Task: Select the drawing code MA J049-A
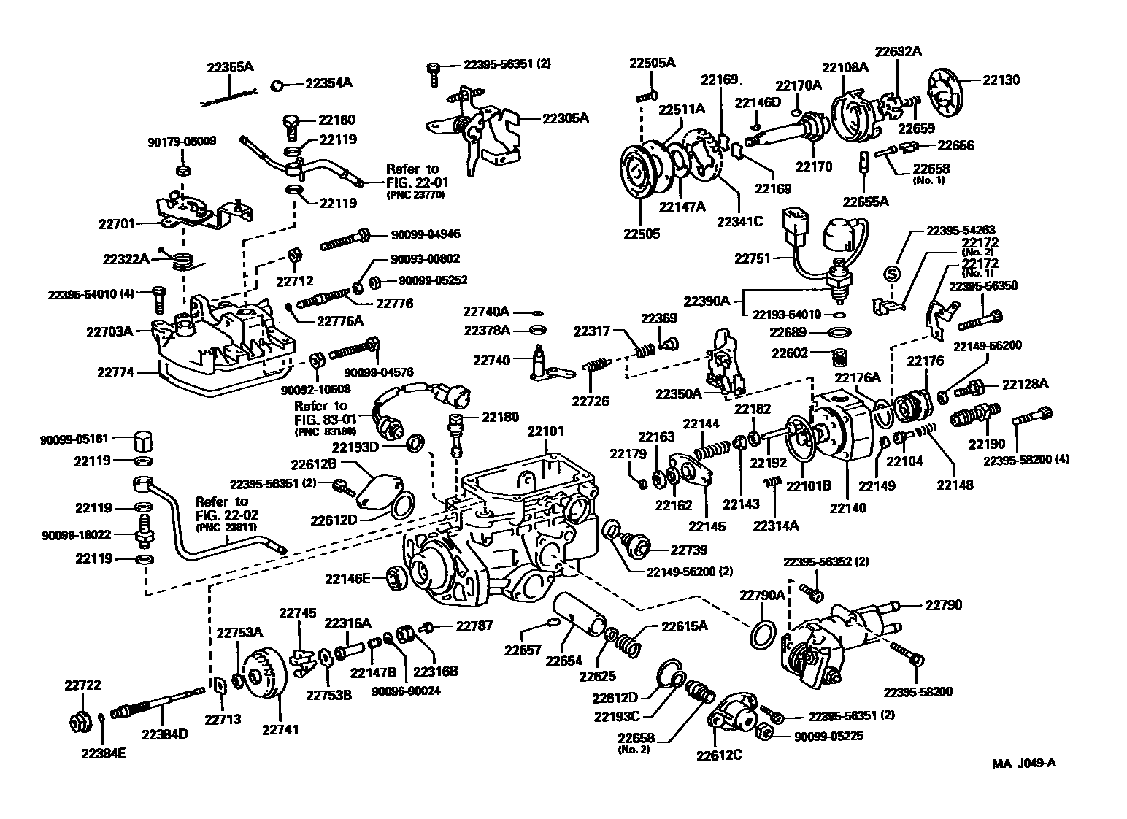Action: point(1023,764)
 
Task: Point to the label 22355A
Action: point(230,66)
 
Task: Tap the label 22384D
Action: point(164,733)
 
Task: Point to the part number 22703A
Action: point(109,331)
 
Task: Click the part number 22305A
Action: point(565,117)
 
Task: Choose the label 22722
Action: point(82,685)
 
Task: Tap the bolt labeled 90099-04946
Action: point(343,235)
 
